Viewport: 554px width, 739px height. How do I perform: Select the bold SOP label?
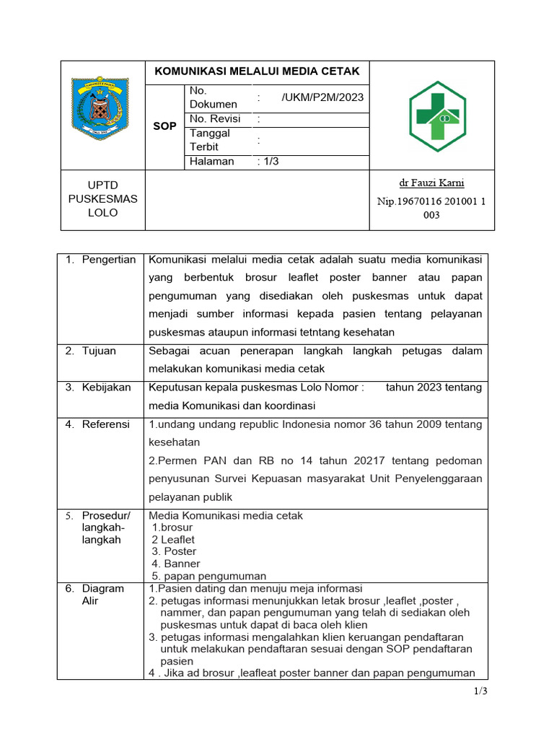click(164, 126)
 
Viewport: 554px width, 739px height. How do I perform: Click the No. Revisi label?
click(215, 119)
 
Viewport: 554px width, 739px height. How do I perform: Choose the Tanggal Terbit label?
click(210, 140)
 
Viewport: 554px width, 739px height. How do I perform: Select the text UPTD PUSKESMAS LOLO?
click(102, 199)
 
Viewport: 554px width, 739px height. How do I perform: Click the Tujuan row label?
click(99, 351)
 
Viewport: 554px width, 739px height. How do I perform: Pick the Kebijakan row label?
click(106, 388)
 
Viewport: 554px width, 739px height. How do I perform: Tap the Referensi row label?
click(105, 424)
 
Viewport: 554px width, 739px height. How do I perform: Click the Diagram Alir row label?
click(102, 595)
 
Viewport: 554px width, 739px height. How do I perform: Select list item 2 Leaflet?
click(173, 539)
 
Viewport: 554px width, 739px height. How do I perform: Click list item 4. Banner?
click(175, 564)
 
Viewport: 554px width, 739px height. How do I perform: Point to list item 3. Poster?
click(174, 551)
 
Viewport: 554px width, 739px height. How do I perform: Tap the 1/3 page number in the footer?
click(481, 691)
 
